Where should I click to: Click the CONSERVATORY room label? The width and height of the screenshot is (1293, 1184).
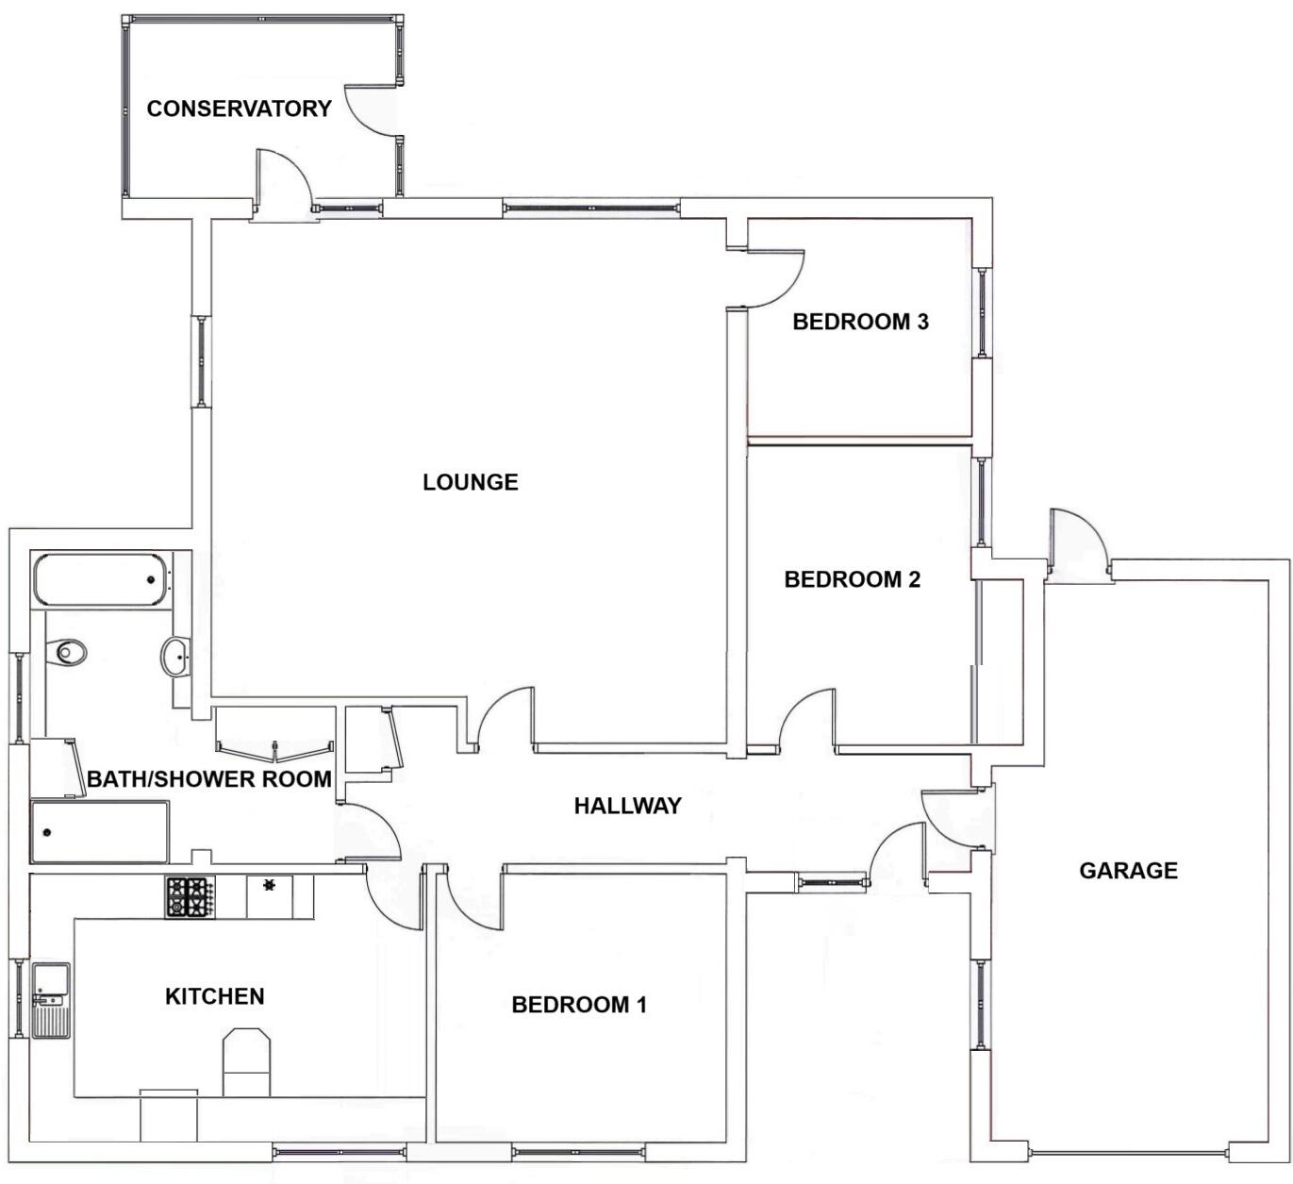pos(239,108)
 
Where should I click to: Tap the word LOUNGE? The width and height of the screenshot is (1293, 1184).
pos(470,482)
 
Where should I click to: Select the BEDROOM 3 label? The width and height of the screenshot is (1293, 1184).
pos(860,322)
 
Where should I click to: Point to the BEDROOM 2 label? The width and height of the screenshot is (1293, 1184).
pos(852,579)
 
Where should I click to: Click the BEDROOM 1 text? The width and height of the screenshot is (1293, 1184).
pos(579,1005)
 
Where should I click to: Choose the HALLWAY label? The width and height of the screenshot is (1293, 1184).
pos(627,806)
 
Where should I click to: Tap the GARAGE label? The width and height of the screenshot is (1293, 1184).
pos(1128,870)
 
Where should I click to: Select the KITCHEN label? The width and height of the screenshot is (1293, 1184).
pos(214,996)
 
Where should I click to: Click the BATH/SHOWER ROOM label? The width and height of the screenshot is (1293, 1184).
pos(209,779)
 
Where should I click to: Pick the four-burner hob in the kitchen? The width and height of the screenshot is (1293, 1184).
pos(190,897)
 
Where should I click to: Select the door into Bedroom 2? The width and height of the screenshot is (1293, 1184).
pos(806,722)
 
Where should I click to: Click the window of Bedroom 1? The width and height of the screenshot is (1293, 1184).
pos(578,1152)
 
